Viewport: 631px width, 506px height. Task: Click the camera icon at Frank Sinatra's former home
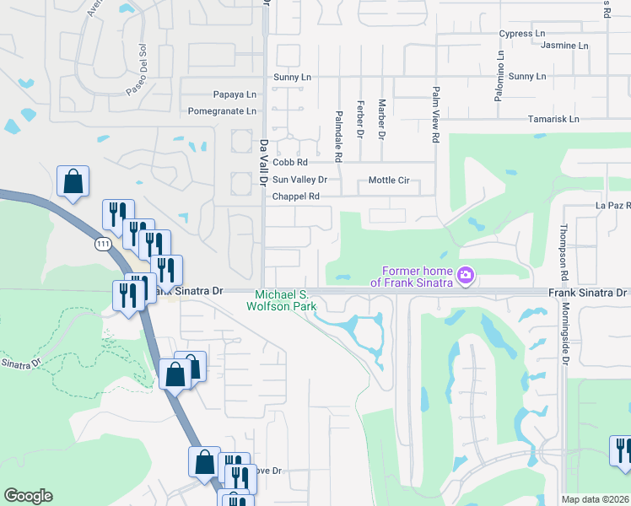coord(464,275)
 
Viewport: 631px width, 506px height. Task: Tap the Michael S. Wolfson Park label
coord(283,300)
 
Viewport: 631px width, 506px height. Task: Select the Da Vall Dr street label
coord(263,162)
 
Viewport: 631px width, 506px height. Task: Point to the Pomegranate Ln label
coord(222,111)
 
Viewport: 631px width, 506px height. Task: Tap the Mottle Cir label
coord(388,180)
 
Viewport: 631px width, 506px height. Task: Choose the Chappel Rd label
coord(295,196)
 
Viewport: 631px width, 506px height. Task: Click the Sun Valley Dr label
coord(299,180)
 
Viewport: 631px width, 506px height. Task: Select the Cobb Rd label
coord(289,162)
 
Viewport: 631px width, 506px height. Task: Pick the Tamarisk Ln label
coord(553,119)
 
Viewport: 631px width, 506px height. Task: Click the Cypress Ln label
coord(521,34)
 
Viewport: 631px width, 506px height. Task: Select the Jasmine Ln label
coord(564,45)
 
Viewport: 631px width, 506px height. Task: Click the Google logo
coord(28,496)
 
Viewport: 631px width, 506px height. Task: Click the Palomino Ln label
coord(500,76)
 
